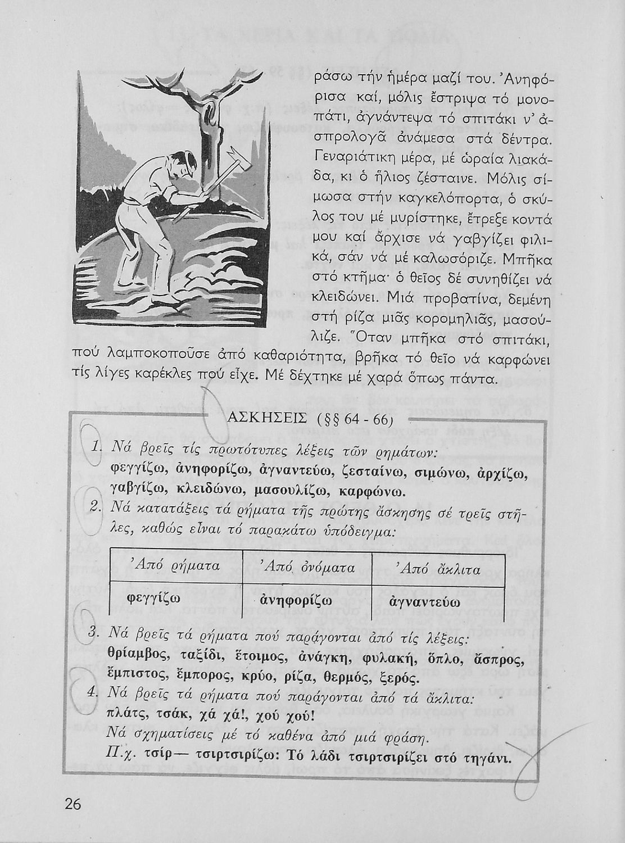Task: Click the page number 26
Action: click(73, 804)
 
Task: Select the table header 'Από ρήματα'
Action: click(174, 565)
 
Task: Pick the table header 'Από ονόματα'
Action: click(308, 568)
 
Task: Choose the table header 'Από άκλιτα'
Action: click(438, 569)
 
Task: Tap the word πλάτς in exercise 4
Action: click(123, 717)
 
